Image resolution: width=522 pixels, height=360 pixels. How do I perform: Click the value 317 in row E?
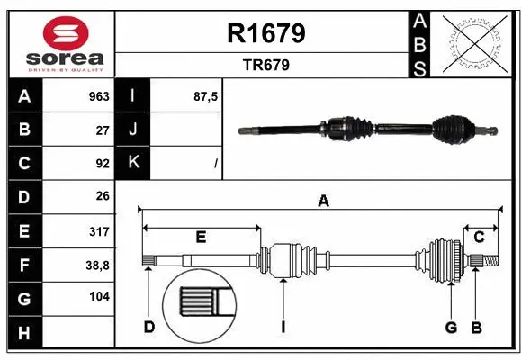coord(99,230)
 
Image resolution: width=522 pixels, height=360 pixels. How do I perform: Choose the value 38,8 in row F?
coord(97,264)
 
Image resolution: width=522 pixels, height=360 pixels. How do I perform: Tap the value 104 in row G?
coord(99,297)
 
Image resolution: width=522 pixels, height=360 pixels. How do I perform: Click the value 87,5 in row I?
coord(206,96)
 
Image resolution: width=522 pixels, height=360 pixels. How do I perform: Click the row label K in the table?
coord(134,163)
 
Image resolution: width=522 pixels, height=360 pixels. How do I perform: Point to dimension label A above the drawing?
coord(323,202)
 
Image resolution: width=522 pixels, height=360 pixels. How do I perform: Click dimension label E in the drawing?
coord(201,237)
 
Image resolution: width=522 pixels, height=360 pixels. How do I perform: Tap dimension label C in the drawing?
coord(480,237)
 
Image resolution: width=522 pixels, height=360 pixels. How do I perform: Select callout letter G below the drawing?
coord(452,327)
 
